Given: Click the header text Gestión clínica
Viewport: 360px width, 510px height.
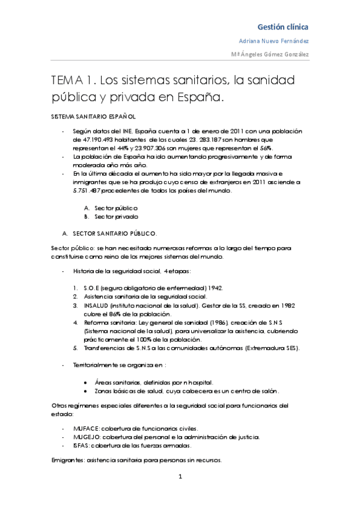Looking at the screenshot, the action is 283,27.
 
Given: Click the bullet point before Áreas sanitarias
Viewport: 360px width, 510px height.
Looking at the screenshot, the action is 87,382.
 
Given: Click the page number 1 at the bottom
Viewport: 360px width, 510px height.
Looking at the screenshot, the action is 180,477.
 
